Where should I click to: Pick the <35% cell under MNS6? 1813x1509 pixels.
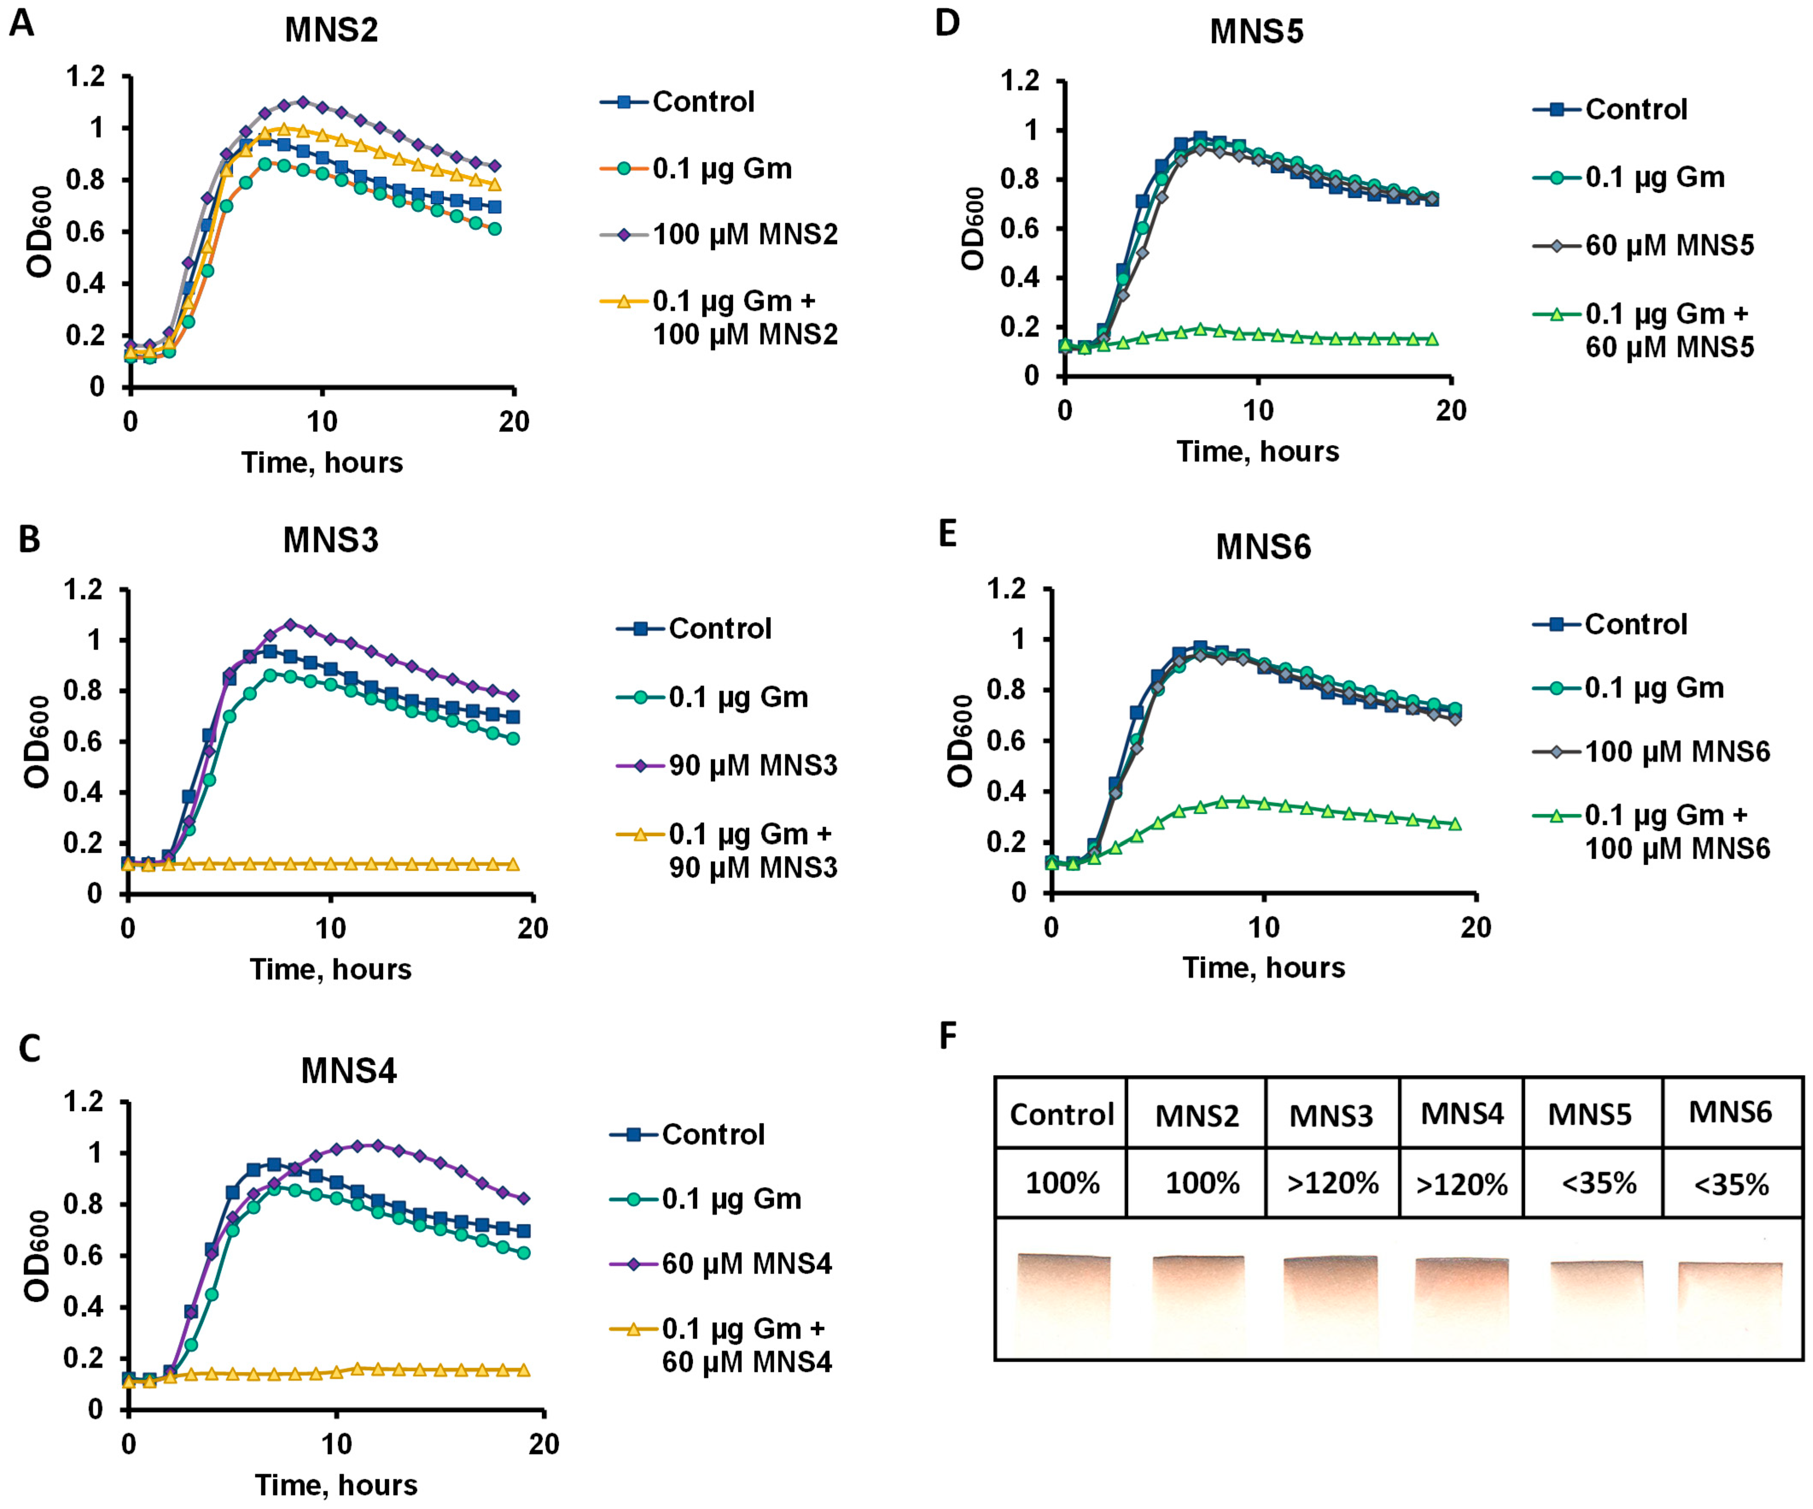(x=1731, y=1183)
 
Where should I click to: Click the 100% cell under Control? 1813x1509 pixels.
(x=1062, y=1182)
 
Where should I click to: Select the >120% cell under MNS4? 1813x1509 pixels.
(x=1462, y=1183)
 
